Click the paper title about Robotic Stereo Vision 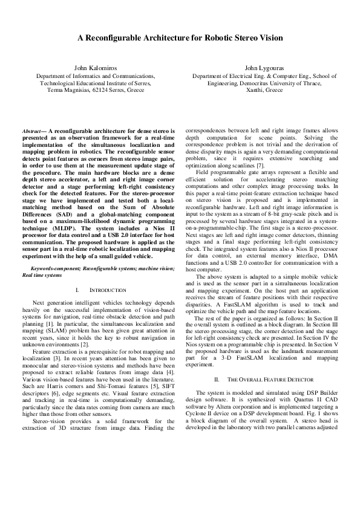pyautogui.click(x=180, y=37)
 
